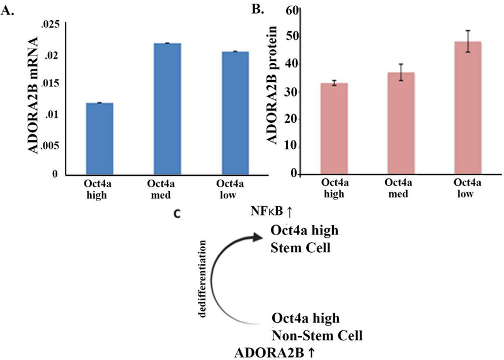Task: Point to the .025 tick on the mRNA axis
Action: [x=49, y=24]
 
